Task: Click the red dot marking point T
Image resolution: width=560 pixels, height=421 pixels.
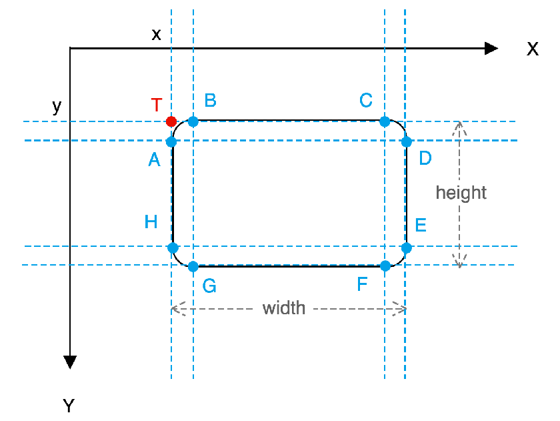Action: tap(171, 121)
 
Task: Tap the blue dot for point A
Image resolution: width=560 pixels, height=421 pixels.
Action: tap(171, 142)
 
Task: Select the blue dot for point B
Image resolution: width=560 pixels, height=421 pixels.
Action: tap(193, 121)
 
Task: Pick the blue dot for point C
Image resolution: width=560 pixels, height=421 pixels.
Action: tap(385, 121)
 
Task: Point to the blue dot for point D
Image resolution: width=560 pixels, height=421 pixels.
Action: tap(407, 142)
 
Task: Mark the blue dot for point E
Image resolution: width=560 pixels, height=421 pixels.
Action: tap(407, 248)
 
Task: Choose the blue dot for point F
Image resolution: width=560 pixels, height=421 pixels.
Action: tap(385, 266)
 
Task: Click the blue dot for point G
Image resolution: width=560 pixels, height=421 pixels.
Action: tap(193, 267)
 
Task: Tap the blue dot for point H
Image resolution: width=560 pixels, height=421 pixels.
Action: tap(173, 248)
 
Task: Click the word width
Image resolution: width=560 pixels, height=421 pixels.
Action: tap(284, 308)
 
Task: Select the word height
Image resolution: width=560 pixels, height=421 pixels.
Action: tap(461, 193)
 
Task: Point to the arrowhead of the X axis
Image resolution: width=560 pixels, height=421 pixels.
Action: tap(491, 48)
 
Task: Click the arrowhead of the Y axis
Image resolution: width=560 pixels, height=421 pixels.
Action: tap(70, 362)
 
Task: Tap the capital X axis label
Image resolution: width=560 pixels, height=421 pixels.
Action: tap(533, 49)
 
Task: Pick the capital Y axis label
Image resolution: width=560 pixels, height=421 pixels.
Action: tap(69, 406)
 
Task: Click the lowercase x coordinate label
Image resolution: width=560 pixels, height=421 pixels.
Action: tap(156, 35)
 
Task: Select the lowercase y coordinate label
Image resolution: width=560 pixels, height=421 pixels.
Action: tap(57, 107)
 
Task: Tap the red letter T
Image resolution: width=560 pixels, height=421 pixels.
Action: tap(157, 105)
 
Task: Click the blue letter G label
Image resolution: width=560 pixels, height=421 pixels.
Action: tap(209, 286)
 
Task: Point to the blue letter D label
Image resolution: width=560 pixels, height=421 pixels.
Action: tap(425, 158)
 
